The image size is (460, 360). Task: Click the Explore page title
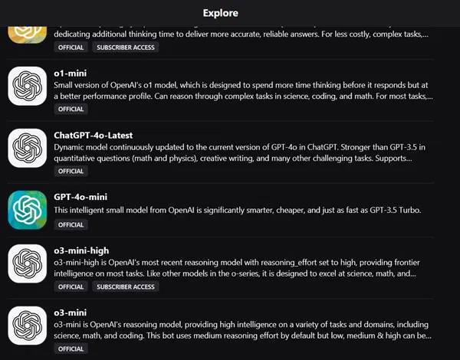coord(220,13)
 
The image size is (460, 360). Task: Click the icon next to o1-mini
coord(29,86)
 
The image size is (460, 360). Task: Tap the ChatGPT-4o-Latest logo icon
coord(29,148)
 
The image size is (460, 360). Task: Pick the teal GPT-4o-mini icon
coord(29,209)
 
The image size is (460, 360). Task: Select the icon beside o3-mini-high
coord(29,268)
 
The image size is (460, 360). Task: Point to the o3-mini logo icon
coord(29,329)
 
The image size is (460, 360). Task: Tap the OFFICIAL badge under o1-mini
coord(71,109)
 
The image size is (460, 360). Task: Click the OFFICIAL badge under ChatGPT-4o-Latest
coord(71,171)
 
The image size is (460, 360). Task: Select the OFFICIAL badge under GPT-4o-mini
coord(71,225)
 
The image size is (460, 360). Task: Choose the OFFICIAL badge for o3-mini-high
coord(71,286)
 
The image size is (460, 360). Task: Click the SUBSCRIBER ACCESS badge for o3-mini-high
coord(125,286)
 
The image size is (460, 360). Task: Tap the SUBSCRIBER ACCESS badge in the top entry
coord(125,47)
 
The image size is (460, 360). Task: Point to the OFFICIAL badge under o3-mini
coord(71,349)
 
